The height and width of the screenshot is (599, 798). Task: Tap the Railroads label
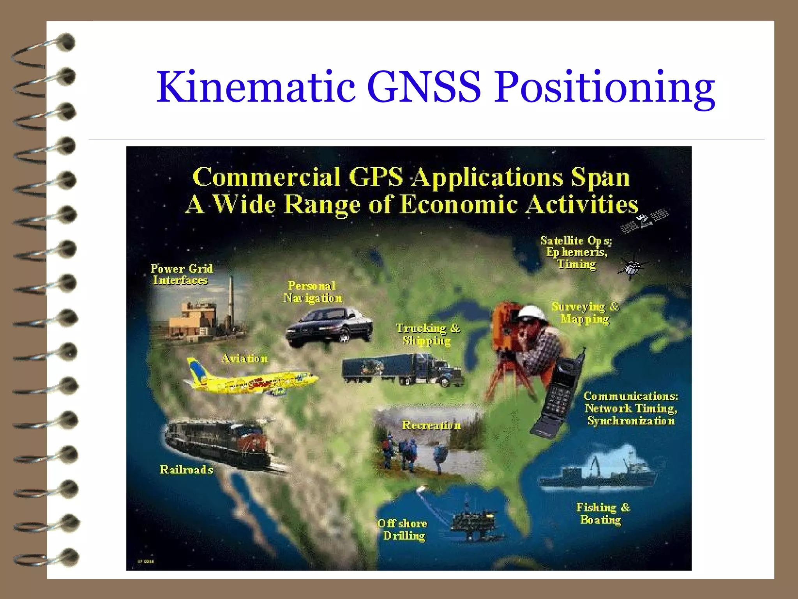pos(186,470)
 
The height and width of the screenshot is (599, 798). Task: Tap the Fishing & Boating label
pos(602,514)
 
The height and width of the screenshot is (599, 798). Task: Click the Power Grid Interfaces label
pos(181,274)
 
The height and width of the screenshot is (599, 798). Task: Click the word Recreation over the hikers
pos(431,425)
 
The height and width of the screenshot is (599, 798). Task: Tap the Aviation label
pos(245,358)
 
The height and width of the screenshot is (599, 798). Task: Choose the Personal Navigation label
pos(312,292)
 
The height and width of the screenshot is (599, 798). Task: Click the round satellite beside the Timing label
pos(632,268)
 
